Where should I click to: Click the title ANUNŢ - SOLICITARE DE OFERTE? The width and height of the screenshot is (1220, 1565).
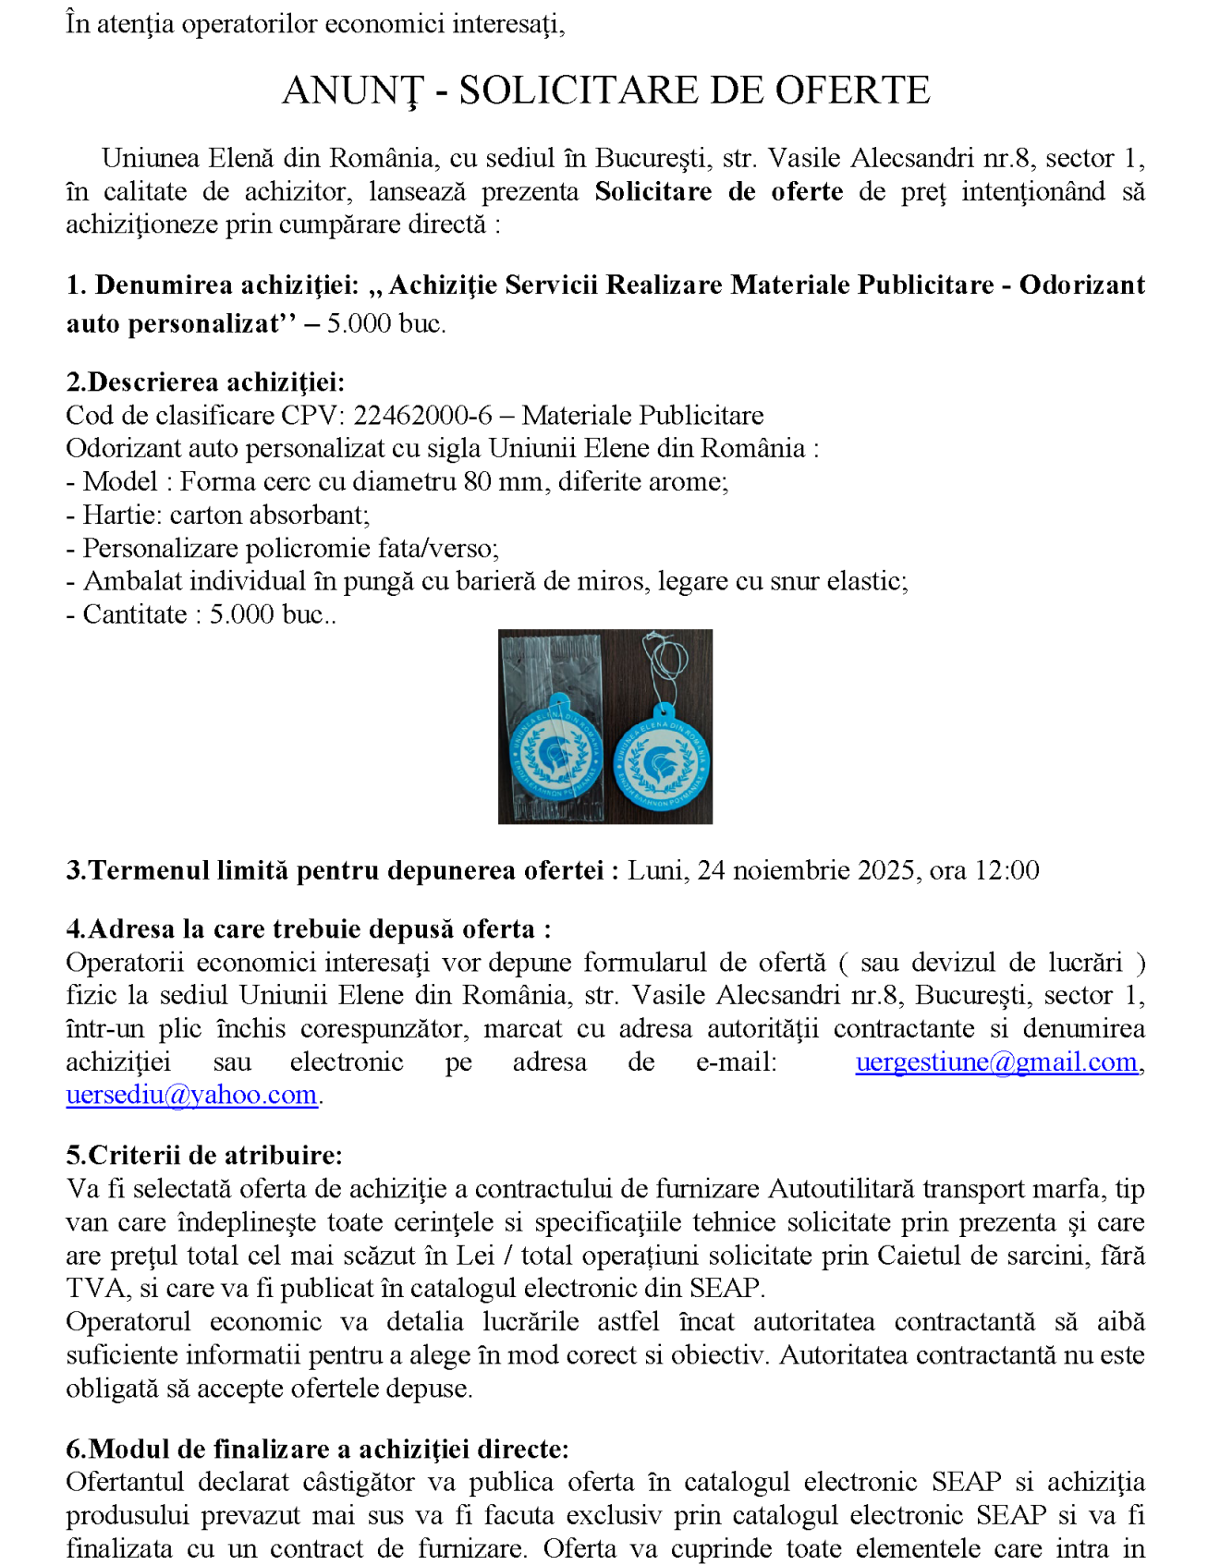(x=605, y=91)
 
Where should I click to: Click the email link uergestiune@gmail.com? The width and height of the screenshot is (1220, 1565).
(x=995, y=1062)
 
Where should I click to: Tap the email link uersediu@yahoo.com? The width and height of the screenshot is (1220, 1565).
(x=191, y=1096)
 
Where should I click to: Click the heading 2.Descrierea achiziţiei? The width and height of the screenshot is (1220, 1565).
(x=204, y=382)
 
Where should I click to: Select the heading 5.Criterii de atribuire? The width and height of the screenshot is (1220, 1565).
(x=203, y=1156)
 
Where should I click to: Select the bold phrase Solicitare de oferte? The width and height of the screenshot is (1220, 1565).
(x=718, y=192)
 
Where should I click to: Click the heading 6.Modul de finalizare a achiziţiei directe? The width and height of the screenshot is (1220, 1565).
(x=317, y=1449)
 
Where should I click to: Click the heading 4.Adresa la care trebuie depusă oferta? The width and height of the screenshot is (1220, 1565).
(x=308, y=929)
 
